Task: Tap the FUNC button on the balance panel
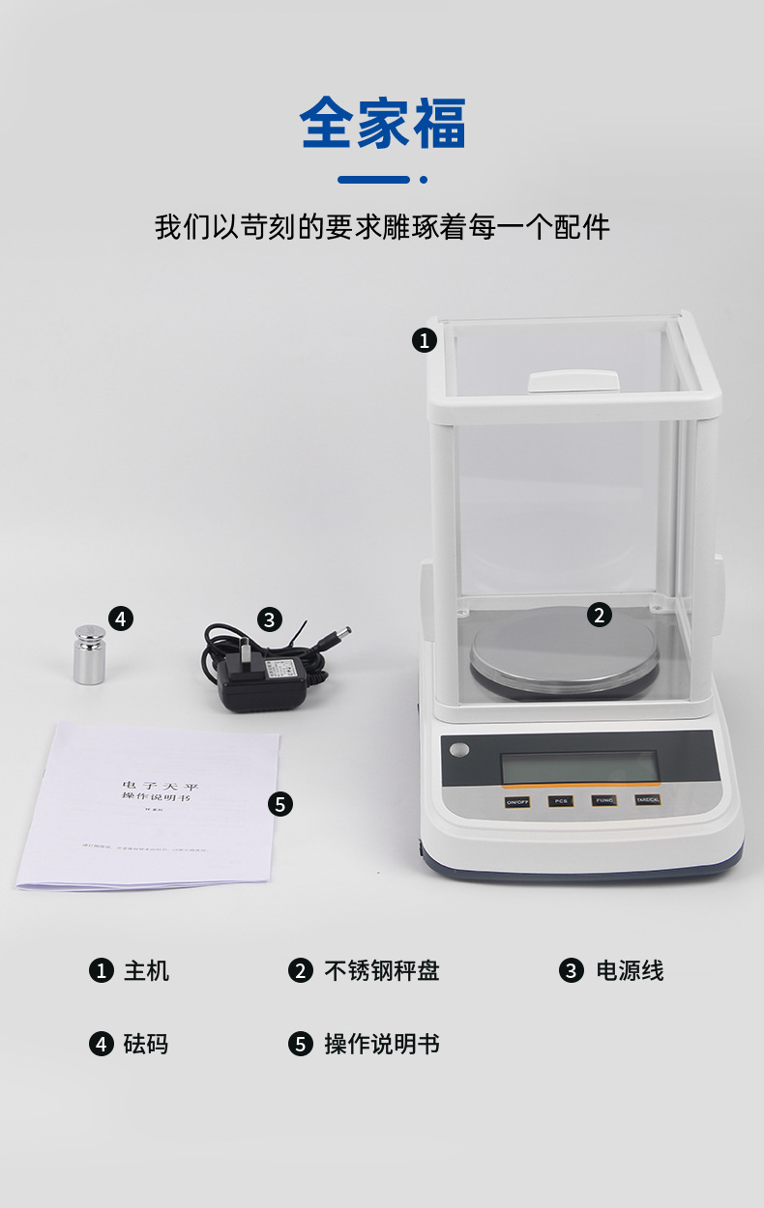pos(604,800)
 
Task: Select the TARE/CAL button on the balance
pos(648,800)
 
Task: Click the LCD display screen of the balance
pos(579,767)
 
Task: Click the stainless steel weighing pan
pos(565,657)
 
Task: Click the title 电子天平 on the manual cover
pos(161,786)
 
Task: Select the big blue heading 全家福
pos(383,124)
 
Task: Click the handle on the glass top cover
pos(573,380)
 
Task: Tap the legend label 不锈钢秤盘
pos(381,971)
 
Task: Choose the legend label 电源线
pos(630,971)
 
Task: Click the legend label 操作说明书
pos(381,1044)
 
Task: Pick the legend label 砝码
pos(146,1044)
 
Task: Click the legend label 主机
pos(146,971)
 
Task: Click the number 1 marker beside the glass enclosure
pos(425,340)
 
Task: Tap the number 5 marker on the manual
pos(280,803)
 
